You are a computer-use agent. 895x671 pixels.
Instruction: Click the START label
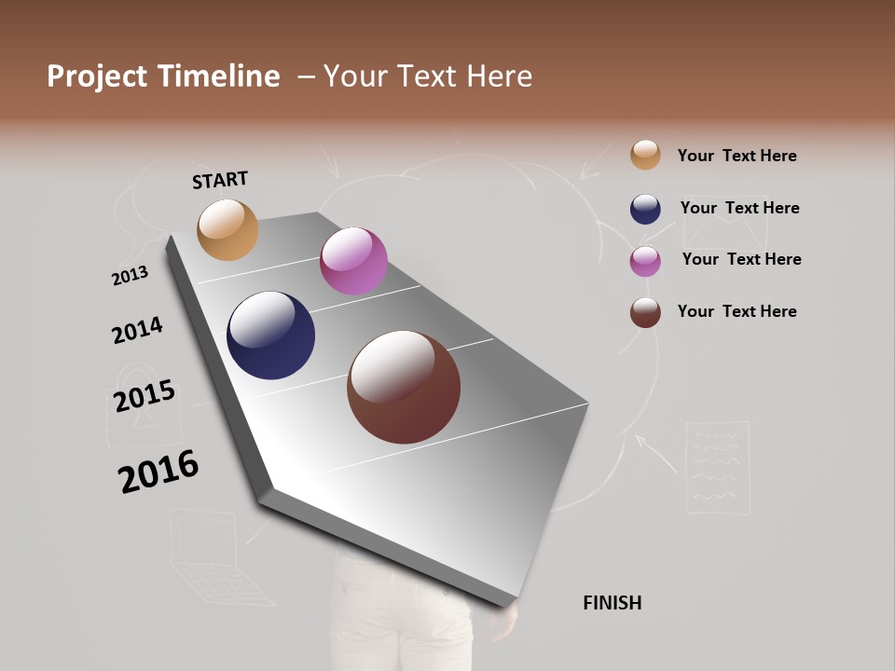[x=220, y=180]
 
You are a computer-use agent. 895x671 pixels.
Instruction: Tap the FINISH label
[x=612, y=603]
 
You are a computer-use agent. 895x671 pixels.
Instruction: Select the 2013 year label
[x=130, y=276]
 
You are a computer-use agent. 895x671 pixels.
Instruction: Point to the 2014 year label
[x=137, y=331]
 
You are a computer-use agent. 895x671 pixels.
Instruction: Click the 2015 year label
[x=145, y=396]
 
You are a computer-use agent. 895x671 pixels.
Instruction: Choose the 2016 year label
[x=158, y=472]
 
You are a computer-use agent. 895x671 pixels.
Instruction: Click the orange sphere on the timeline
[x=227, y=229]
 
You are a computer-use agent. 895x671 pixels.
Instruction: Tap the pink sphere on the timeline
[x=353, y=261]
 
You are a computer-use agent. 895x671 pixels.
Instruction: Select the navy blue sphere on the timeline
[x=270, y=335]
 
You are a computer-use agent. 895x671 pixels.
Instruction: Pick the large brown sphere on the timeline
[x=404, y=387]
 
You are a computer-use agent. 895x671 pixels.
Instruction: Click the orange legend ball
[x=645, y=155]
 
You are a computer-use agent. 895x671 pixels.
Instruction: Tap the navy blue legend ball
[x=645, y=209]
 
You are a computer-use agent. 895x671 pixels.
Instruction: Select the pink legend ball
[x=645, y=261]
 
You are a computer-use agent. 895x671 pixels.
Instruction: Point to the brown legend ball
[x=645, y=312]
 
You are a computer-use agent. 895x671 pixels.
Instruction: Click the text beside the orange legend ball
[x=737, y=156]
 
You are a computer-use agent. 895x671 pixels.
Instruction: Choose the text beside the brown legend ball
[x=737, y=311]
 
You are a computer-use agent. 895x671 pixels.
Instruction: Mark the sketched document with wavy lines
[x=718, y=467]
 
